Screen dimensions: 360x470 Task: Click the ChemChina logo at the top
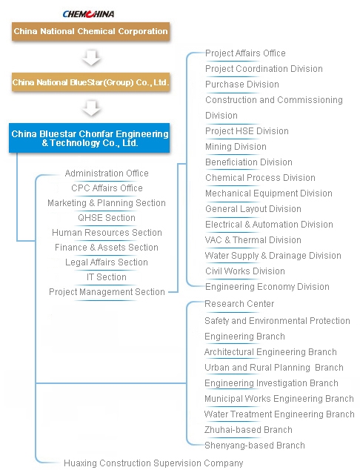(88, 14)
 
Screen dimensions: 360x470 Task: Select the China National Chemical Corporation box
(91, 31)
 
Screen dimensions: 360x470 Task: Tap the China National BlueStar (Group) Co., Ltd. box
(91, 82)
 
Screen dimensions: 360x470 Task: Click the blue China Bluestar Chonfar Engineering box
(89, 138)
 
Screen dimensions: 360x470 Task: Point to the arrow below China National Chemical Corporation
(91, 58)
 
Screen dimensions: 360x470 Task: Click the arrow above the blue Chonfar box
(91, 108)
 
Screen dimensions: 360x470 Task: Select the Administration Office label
(107, 173)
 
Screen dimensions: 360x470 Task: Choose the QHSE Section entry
(107, 218)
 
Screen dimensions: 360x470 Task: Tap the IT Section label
(107, 277)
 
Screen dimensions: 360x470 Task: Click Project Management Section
(107, 292)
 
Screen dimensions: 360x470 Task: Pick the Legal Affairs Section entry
(107, 262)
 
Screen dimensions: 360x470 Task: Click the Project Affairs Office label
(245, 53)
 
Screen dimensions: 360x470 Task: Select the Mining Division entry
(236, 147)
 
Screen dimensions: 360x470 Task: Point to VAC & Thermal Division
(253, 240)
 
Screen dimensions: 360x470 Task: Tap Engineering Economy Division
(267, 287)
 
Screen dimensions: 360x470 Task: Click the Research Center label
(239, 304)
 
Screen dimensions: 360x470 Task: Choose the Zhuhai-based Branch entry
(248, 430)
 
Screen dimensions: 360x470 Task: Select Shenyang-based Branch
(255, 446)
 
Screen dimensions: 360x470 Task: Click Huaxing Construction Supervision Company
(153, 463)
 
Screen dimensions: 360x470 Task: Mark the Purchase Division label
(242, 85)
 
